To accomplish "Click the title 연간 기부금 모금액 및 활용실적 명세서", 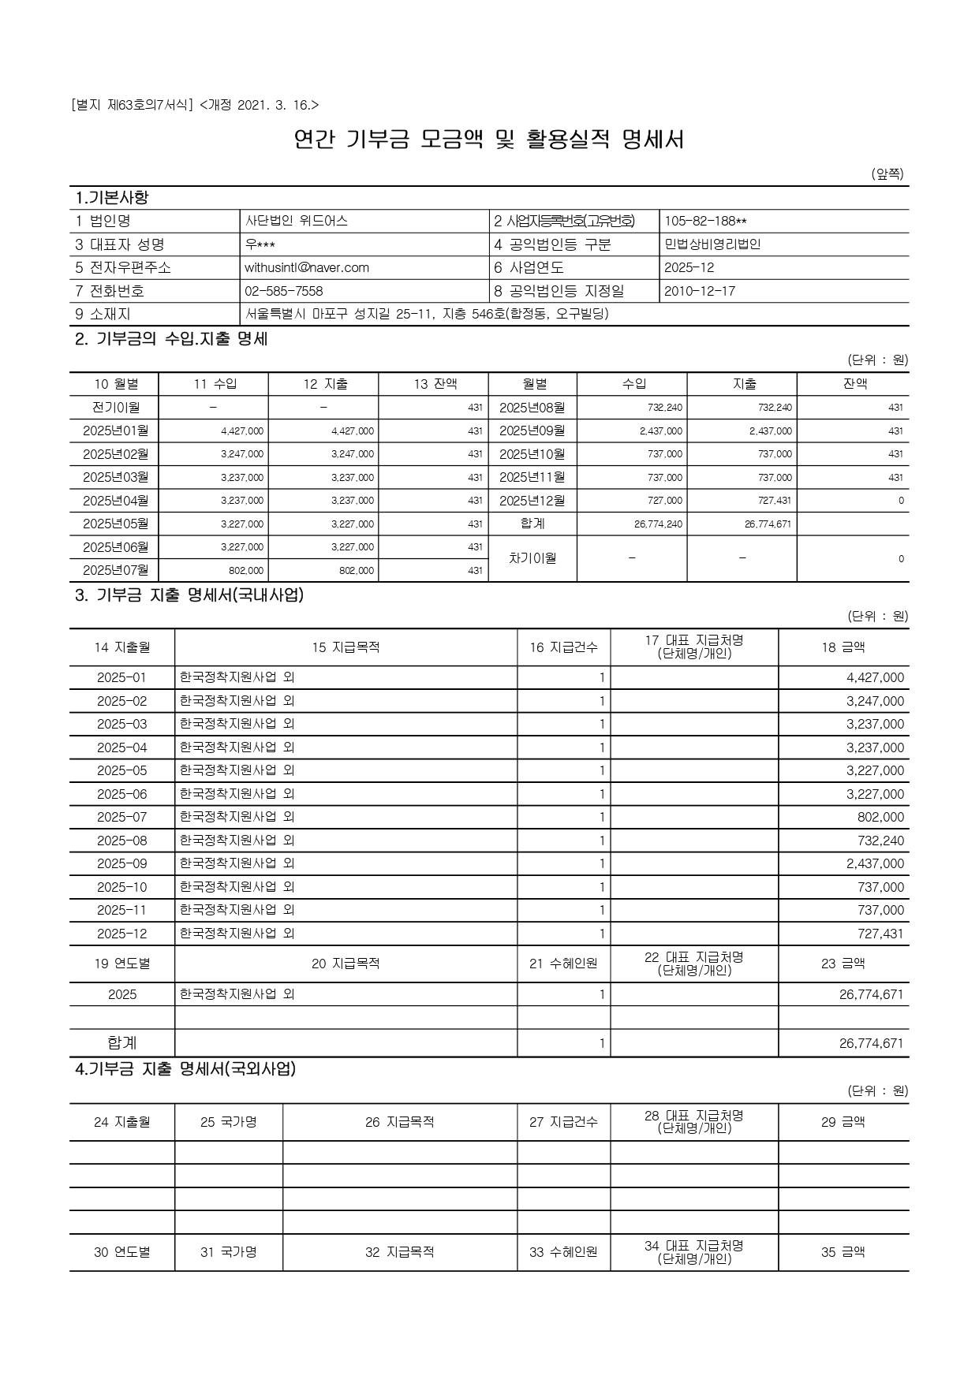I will click(488, 140).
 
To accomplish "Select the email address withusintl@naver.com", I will click(307, 267).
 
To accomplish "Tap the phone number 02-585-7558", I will click(284, 291).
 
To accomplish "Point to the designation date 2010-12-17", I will click(700, 291).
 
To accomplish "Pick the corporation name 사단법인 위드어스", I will click(296, 221).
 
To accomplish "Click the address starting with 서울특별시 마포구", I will click(427, 314).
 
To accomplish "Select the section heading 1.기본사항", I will click(111, 197).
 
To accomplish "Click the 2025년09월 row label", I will click(532, 431).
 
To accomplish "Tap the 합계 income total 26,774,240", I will click(658, 524).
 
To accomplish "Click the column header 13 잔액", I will click(435, 384).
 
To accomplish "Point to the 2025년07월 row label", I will click(116, 570).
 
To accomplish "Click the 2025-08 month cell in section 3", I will click(121, 841).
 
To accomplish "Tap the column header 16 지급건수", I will click(563, 647).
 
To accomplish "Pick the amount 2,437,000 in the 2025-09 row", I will click(875, 863).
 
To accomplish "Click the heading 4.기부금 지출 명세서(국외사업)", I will click(185, 1069).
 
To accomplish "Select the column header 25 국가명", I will click(228, 1122).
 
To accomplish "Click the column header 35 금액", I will click(843, 1251).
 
